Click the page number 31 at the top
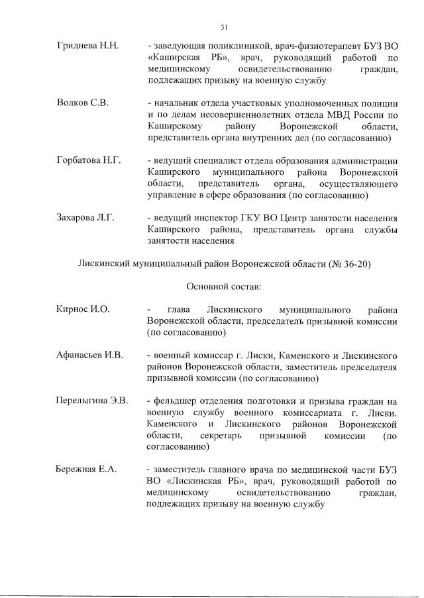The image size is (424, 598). (224, 26)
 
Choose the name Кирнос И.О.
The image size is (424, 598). (83, 309)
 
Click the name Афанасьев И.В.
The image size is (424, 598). (89, 355)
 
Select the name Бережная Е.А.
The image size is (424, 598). (85, 470)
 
